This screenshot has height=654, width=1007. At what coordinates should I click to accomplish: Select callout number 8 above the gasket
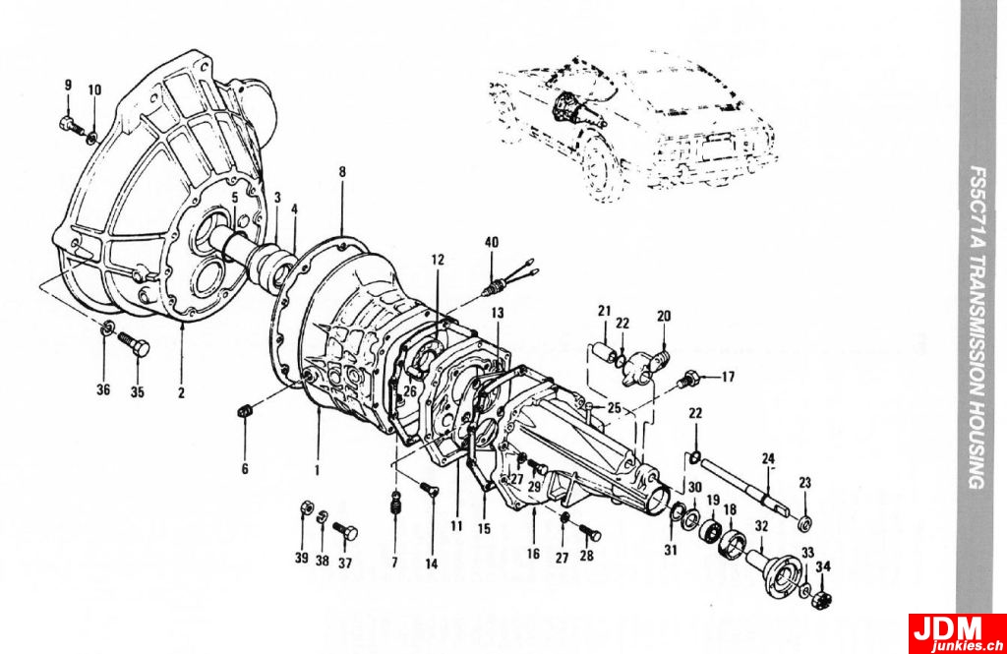click(x=342, y=172)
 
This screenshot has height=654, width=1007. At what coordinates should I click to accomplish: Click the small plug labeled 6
click(x=247, y=411)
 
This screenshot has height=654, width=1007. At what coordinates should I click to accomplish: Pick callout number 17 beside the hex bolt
click(x=728, y=377)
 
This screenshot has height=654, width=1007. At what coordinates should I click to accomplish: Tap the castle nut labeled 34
click(x=823, y=597)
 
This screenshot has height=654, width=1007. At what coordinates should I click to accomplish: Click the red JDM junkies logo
click(x=957, y=633)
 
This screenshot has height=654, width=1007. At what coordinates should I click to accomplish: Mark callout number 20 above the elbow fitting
click(x=664, y=316)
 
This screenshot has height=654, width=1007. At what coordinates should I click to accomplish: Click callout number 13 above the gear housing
click(x=498, y=312)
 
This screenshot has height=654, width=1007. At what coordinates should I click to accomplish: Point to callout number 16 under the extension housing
click(x=532, y=554)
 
